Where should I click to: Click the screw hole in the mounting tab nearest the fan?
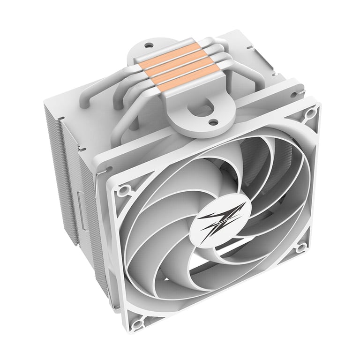[x=213, y=122]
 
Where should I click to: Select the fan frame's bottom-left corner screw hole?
[x=136, y=324]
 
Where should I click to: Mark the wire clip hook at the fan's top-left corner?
[x=107, y=168]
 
